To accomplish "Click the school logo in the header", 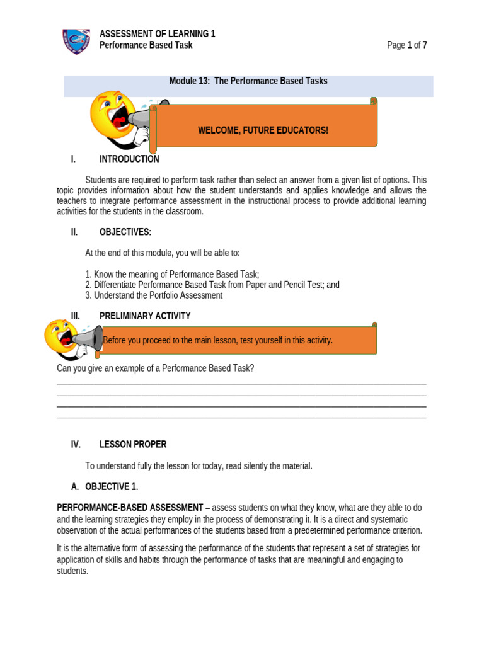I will (76, 40).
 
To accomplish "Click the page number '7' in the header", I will (425, 45).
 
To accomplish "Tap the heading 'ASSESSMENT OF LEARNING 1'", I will (158, 34).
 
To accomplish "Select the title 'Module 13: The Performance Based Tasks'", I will (248, 81).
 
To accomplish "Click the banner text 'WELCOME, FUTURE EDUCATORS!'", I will (263, 130).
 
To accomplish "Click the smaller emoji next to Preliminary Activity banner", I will (60, 336).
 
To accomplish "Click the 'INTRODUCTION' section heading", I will (129, 159).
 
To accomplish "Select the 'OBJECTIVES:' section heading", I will (125, 232).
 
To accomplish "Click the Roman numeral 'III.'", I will (76, 316).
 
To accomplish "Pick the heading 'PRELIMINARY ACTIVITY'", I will (145, 316).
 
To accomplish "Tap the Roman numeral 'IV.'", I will (76, 444).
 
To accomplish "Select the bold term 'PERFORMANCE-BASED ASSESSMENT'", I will (130, 507).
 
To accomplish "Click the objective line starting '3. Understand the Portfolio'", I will (154, 295).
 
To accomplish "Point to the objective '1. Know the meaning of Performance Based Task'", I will (172, 274).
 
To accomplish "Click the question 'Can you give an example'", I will (155, 368).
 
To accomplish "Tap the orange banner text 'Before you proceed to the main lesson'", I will (217, 341).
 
